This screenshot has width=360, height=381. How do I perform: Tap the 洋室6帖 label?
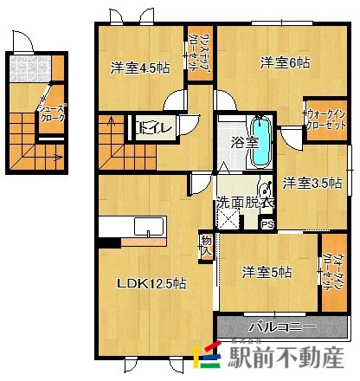[285, 62]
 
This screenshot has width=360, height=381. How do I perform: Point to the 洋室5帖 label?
[266, 272]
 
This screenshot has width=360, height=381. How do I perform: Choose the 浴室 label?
[243, 141]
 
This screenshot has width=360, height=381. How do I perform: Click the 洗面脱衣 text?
[245, 201]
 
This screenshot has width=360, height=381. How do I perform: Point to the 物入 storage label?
[206, 244]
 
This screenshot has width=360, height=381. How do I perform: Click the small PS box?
[267, 225]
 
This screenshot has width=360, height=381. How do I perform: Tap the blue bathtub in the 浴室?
[262, 143]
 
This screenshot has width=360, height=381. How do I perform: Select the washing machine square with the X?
[229, 219]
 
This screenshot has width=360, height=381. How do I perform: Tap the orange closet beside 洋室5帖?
[333, 270]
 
